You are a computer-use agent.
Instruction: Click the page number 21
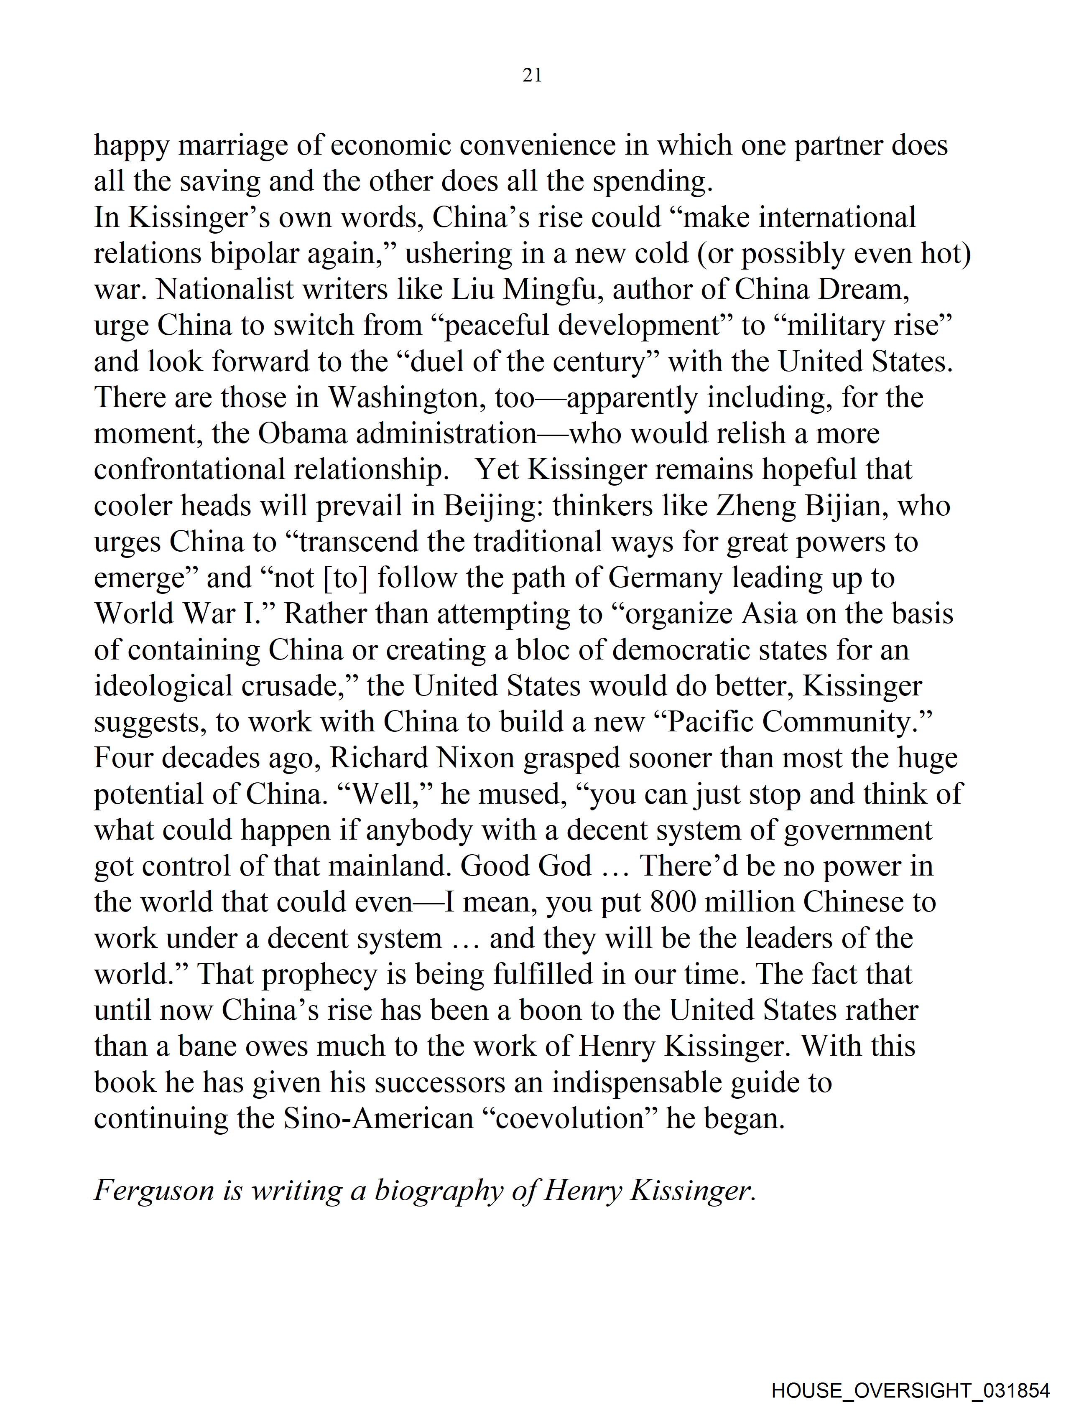pos(532,76)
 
